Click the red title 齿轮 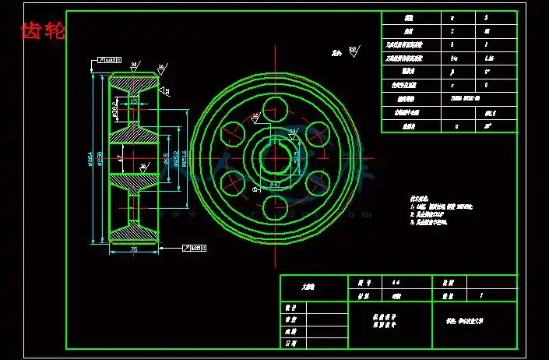(43, 31)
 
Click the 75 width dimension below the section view (133, 250)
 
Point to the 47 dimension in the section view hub (120, 158)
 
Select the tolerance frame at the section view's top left (110, 58)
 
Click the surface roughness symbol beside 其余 (353, 51)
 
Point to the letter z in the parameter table (452, 31)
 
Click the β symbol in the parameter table (452, 72)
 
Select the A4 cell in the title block (396, 282)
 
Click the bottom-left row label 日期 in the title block (291, 343)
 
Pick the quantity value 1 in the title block (481, 296)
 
